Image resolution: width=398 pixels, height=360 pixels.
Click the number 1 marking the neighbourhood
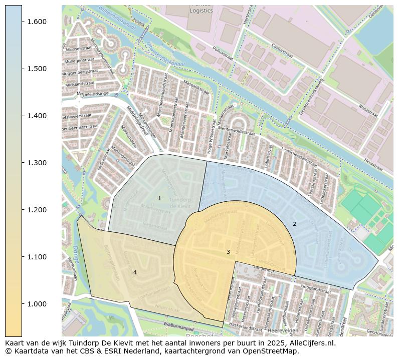[x=159, y=199]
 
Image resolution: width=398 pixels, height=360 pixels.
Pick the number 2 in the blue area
[x=294, y=224]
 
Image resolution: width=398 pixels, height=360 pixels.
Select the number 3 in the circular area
[x=228, y=252]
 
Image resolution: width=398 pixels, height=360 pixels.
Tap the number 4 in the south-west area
[x=134, y=272]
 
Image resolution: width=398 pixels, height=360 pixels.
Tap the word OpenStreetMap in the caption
[x=275, y=351]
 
